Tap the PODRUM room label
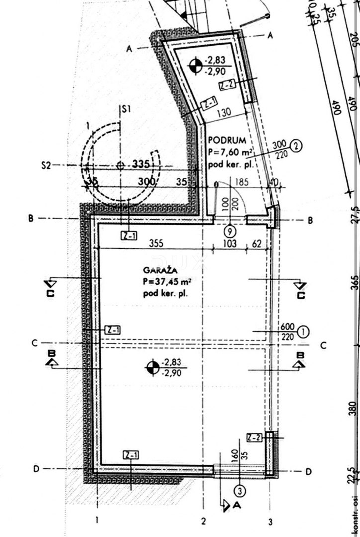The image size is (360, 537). [224, 140]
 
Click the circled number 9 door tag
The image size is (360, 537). [229, 231]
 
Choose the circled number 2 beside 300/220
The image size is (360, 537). [296, 146]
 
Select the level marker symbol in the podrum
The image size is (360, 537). [196, 64]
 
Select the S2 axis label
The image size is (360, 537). [46, 165]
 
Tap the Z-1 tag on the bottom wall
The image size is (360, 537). [131, 454]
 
